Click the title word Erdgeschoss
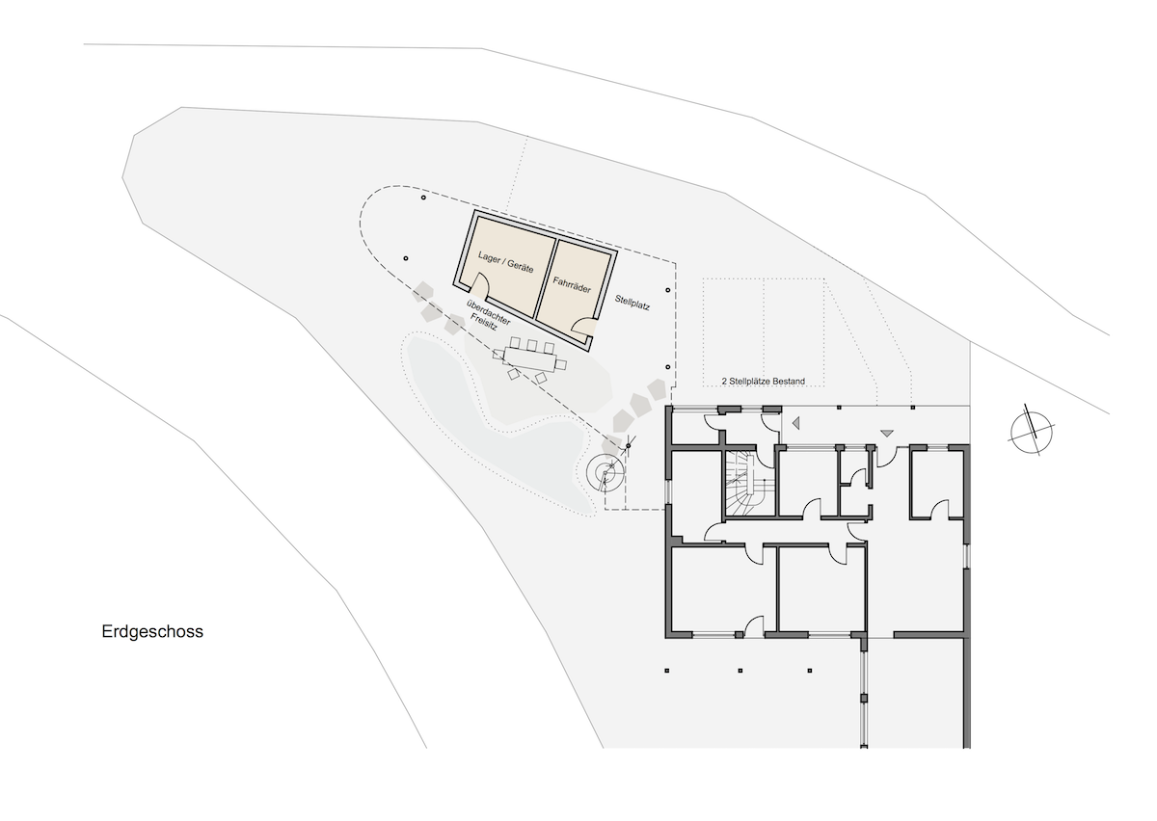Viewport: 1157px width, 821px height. click(x=152, y=632)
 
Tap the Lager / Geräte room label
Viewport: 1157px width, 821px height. click(x=505, y=262)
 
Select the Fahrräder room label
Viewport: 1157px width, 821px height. click(x=572, y=285)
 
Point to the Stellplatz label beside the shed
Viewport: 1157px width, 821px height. click(x=632, y=303)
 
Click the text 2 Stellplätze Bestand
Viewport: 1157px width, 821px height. click(x=764, y=381)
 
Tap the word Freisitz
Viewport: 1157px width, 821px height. click(x=483, y=322)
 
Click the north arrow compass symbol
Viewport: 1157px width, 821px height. click(x=1032, y=433)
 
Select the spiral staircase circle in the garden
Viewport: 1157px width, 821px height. click(x=605, y=472)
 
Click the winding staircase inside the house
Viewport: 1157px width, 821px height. click(x=748, y=483)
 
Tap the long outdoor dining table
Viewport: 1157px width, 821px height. click(x=530, y=358)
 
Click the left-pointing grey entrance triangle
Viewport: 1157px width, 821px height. click(x=796, y=423)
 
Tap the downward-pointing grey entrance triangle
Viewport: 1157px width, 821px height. click(x=887, y=434)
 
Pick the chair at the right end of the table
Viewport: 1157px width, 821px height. click(x=561, y=365)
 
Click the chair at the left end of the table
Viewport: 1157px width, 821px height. click(x=498, y=354)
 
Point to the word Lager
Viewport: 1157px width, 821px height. click(x=489, y=256)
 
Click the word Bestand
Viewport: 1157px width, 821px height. click(x=789, y=381)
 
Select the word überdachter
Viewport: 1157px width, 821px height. click(x=489, y=312)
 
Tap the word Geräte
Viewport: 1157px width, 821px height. click(x=520, y=266)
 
